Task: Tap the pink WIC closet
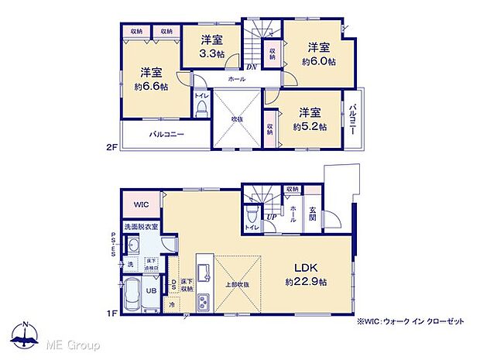click(x=141, y=205)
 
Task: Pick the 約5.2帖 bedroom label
click(x=308, y=118)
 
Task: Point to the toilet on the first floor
click(x=252, y=215)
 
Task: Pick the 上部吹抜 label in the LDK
click(x=236, y=283)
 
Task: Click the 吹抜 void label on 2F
click(x=237, y=118)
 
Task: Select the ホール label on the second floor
click(x=237, y=79)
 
